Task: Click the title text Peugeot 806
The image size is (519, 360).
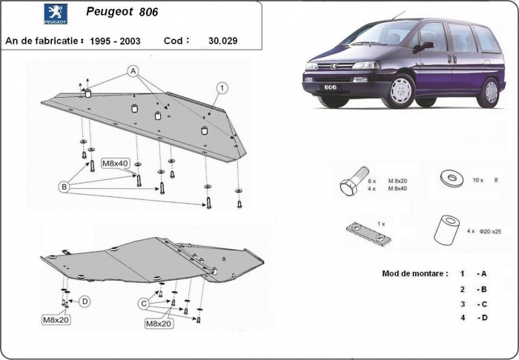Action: click(128, 13)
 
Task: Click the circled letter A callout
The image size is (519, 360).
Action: click(133, 71)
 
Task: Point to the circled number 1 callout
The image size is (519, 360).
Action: click(221, 87)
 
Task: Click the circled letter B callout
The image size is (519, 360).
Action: click(65, 188)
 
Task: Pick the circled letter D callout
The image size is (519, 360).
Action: click(85, 301)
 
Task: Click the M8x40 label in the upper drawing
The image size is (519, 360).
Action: click(115, 163)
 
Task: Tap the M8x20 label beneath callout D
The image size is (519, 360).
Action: click(56, 320)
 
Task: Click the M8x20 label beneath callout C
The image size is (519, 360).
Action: click(158, 324)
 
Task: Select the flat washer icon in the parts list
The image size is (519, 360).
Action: click(450, 178)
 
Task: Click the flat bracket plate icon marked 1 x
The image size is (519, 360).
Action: click(368, 232)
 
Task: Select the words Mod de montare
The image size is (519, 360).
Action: click(414, 273)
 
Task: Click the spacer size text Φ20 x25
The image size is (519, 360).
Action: click(490, 232)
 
